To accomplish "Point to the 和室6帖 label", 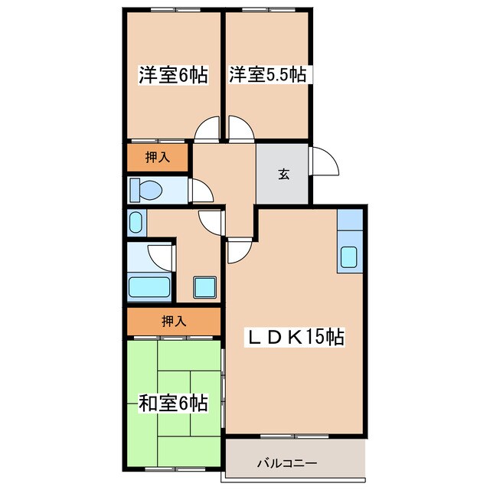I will [x=173, y=403].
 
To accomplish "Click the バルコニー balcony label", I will [x=286, y=463].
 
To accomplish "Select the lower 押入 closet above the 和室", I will [x=174, y=321].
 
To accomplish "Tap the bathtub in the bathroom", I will [x=149, y=288].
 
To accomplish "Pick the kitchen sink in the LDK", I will [x=349, y=258].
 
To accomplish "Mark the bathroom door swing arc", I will [x=161, y=254].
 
